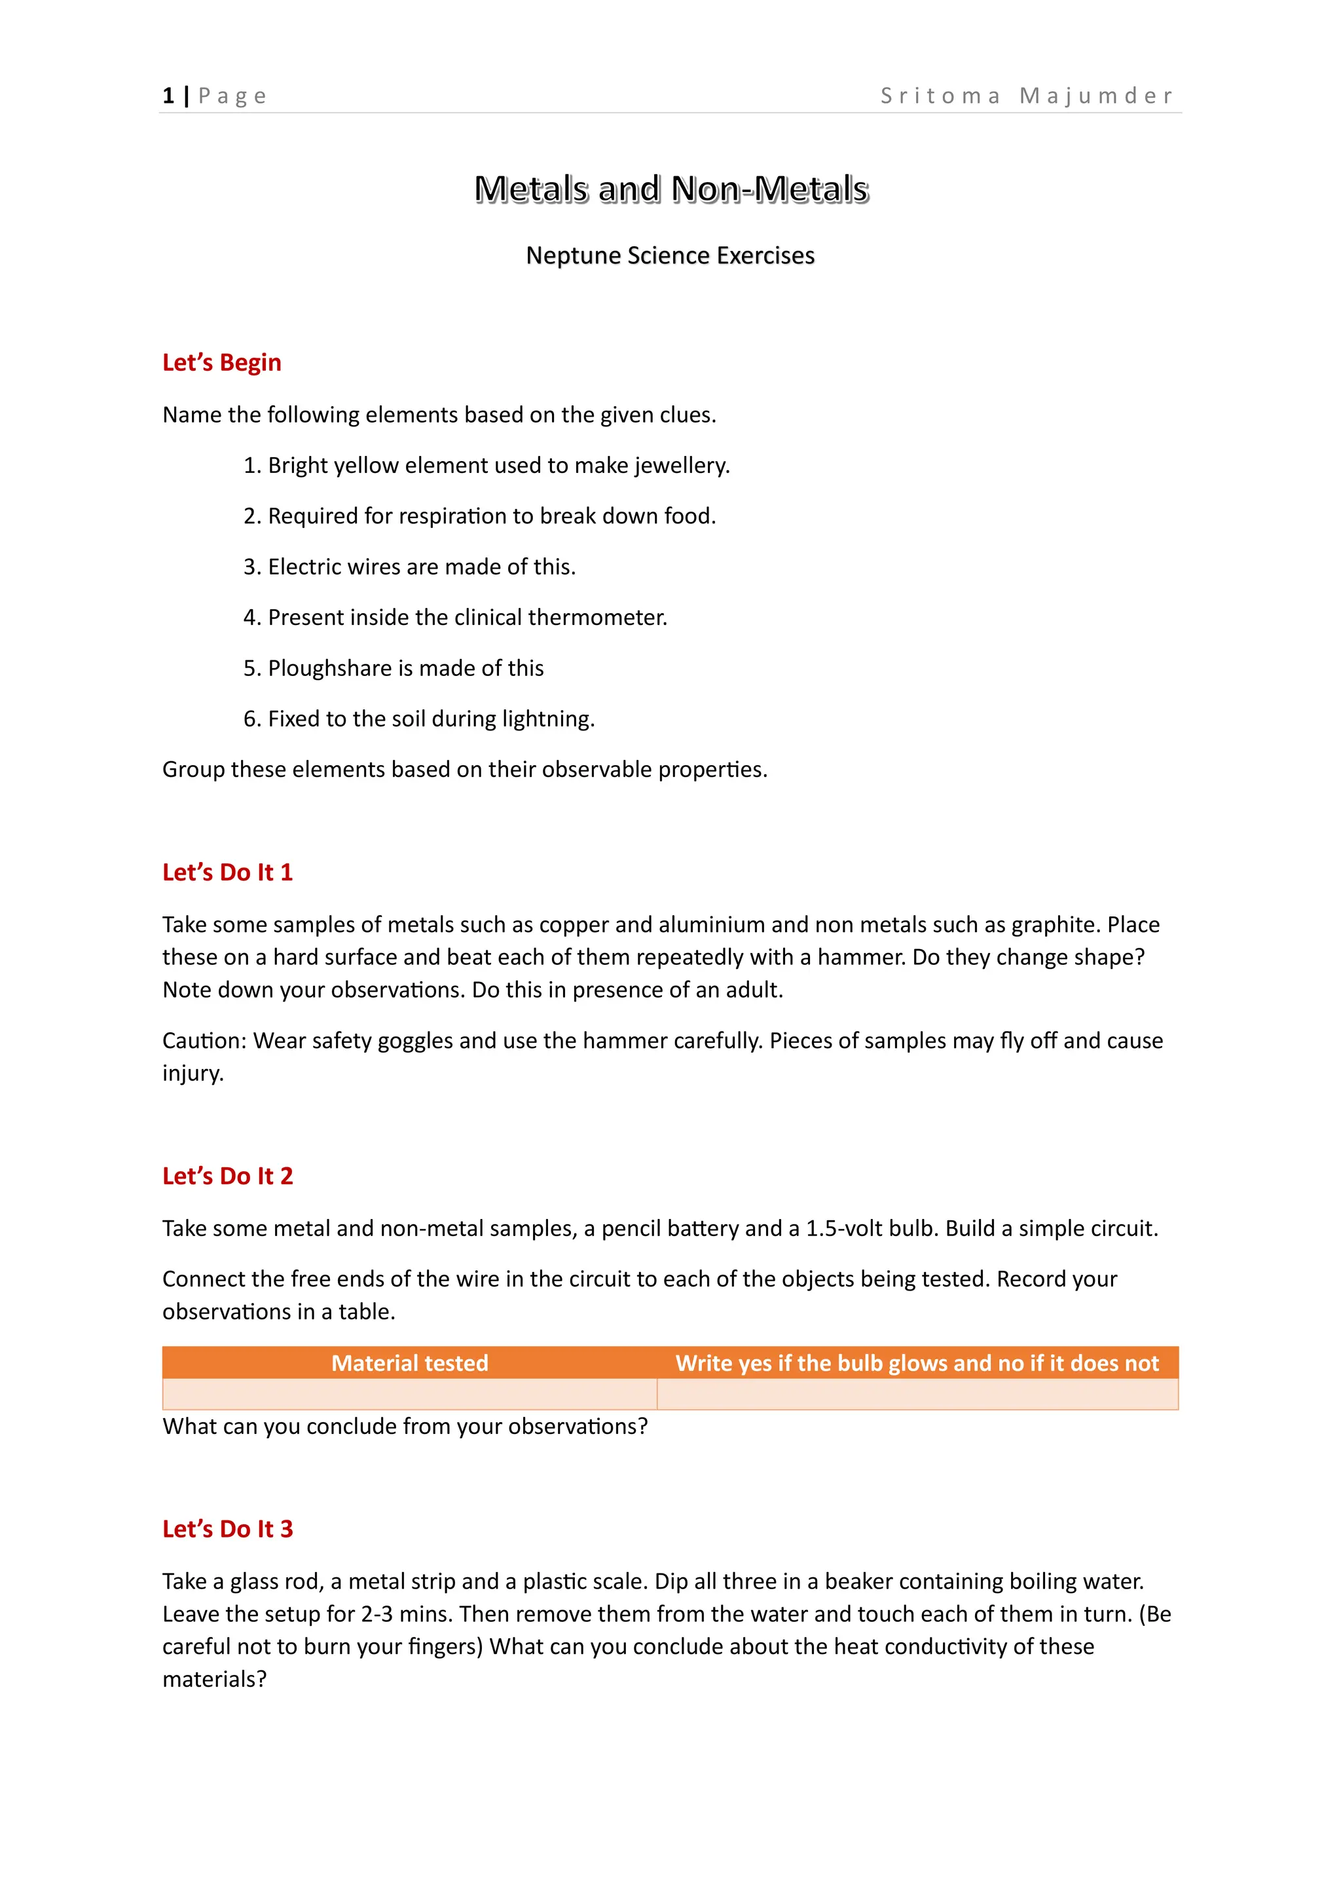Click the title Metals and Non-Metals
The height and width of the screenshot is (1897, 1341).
(x=670, y=189)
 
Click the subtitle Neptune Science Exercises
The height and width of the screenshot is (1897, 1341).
(x=670, y=255)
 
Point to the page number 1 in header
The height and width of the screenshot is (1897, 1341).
(x=168, y=96)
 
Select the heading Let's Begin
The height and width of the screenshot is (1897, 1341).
(x=221, y=363)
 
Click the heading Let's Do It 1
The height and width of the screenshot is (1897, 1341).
(x=227, y=873)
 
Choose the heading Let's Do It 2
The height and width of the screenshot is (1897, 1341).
(x=227, y=1176)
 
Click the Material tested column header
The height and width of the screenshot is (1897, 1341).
(x=409, y=1362)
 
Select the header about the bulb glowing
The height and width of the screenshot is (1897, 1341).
(x=917, y=1362)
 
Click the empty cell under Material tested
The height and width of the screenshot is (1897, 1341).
(x=409, y=1394)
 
